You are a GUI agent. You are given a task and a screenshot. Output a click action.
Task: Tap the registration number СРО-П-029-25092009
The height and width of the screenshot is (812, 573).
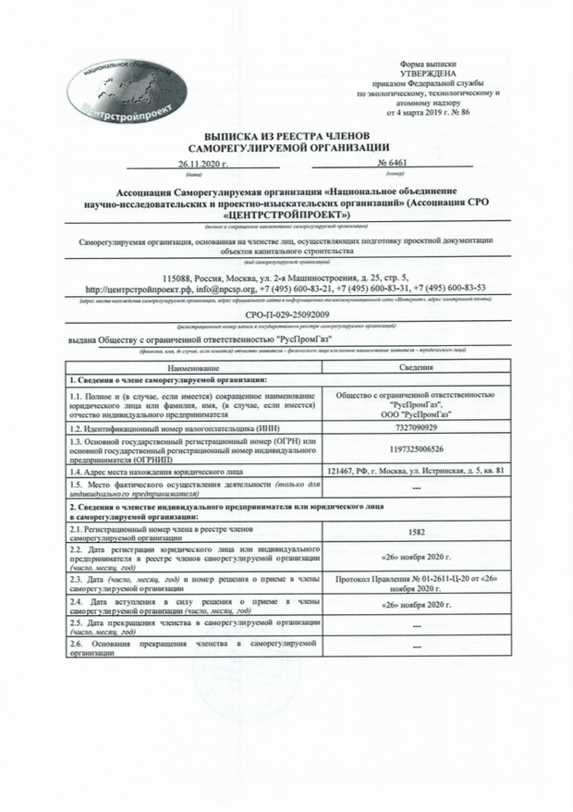click(286, 316)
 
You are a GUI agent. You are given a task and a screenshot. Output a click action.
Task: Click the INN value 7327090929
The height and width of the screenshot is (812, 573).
click(417, 429)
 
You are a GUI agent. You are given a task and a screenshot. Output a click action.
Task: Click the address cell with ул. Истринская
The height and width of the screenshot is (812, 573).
click(417, 472)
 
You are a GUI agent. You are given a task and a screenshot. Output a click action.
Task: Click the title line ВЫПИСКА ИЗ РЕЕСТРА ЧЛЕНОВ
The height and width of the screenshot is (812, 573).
click(286, 135)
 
